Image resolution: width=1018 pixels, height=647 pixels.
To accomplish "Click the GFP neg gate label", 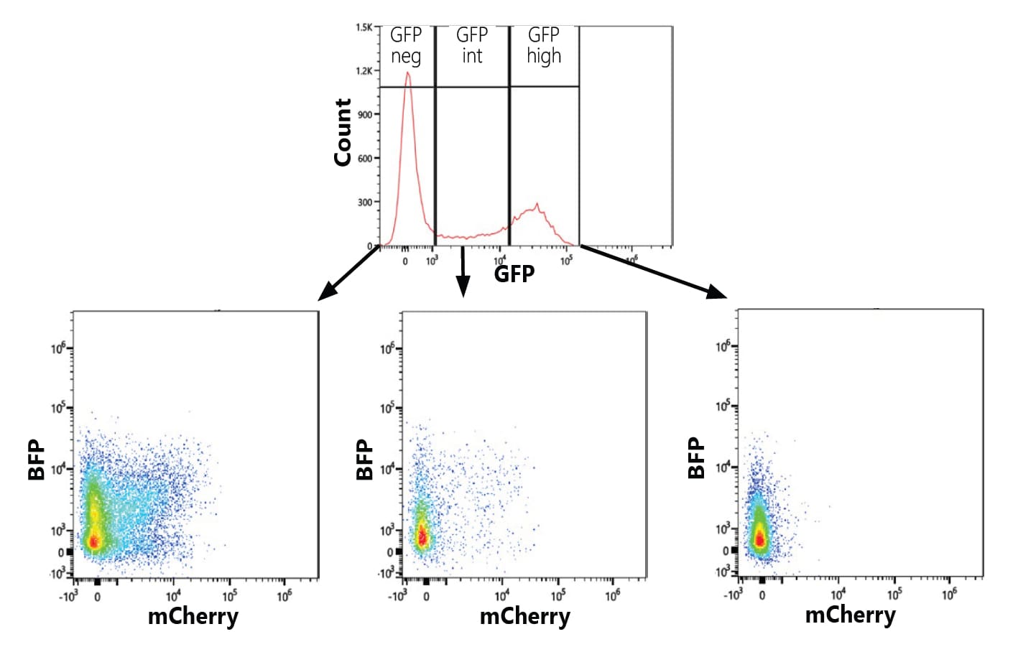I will [x=406, y=45].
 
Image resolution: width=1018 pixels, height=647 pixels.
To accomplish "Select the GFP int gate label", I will [x=472, y=45].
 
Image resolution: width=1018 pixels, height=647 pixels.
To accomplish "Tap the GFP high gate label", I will [x=544, y=46].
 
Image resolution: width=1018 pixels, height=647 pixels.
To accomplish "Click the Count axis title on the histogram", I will [x=343, y=133].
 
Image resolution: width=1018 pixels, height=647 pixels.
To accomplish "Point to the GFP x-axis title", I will [x=514, y=274].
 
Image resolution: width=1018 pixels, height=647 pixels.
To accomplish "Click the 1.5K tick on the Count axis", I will [x=364, y=27].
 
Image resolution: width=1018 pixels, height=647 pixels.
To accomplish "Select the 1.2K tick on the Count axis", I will [x=364, y=71].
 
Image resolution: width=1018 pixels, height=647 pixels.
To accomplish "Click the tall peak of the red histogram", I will [x=408, y=73].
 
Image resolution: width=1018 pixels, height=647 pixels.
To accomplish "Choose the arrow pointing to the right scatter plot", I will [x=653, y=271].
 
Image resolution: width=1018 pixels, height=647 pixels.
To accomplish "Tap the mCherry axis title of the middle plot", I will [x=524, y=616].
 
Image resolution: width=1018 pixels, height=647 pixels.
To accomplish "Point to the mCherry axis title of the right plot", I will [x=850, y=615].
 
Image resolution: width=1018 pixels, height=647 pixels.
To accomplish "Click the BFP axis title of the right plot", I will [x=696, y=457].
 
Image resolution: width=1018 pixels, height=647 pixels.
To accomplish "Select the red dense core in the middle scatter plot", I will [x=422, y=536].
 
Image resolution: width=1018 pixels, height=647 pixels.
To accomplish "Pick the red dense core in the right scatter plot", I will [x=759, y=538].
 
